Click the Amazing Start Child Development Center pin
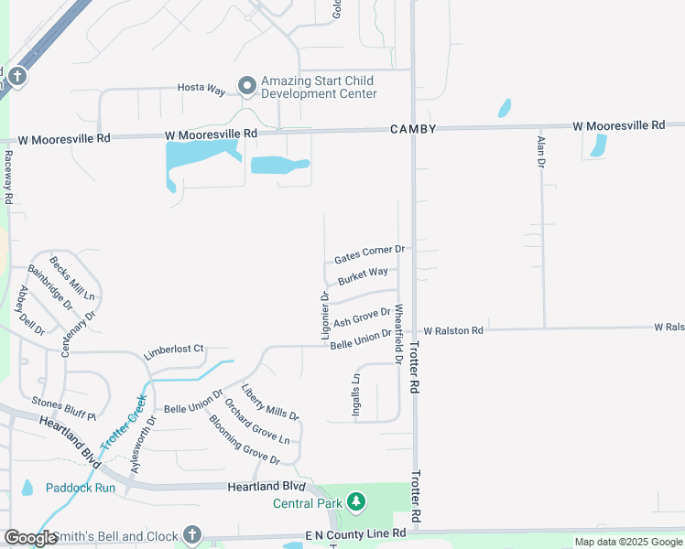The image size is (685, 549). pos(246,86)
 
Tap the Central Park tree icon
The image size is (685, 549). pos(355,502)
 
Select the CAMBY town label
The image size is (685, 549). pos(412,129)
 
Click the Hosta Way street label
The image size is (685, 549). pos(201,89)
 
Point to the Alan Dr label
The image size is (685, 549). pos(541,150)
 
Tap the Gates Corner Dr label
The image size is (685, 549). pos(369,253)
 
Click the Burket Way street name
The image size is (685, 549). pos(363,276)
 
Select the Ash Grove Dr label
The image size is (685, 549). pos(361,318)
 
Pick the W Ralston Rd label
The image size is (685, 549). pos(452,330)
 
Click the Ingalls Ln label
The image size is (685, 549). pos(356,394)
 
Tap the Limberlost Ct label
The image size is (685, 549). pos(173,353)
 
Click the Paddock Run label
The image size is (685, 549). pos(81,488)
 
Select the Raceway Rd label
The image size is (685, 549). pos(8,177)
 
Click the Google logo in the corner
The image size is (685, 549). pos(30,538)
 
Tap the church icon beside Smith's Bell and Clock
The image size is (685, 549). pos(191,534)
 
